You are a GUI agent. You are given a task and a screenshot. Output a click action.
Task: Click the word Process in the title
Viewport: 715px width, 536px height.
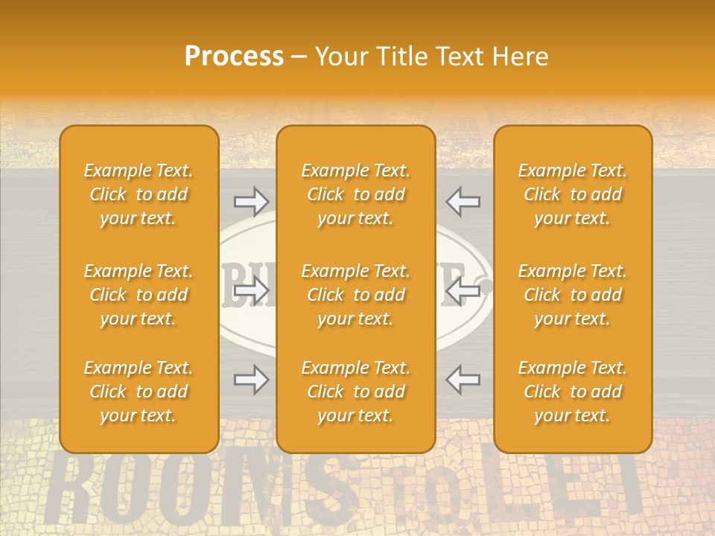234,57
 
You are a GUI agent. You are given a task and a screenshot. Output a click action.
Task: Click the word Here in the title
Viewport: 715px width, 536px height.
521,57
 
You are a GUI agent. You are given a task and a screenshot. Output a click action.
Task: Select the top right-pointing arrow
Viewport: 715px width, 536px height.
252,201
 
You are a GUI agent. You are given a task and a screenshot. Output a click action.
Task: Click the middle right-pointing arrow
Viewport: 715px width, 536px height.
252,290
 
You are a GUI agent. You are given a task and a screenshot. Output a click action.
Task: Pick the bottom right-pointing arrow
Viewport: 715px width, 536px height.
252,380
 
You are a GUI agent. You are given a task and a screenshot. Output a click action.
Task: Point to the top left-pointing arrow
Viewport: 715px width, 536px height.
463,201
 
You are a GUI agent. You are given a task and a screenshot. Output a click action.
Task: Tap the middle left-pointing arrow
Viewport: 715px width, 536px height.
463,290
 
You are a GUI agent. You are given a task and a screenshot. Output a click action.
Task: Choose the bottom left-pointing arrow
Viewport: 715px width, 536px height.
463,380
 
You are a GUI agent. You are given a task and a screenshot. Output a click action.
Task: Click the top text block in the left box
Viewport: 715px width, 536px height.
139,194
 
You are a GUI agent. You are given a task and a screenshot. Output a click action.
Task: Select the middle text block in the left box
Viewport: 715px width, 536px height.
139,295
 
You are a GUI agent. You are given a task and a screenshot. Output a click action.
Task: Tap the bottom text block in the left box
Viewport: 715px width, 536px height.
139,392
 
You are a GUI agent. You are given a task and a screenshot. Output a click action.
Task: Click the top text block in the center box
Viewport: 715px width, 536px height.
355,194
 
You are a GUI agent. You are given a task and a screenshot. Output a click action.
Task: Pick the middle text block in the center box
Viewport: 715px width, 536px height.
355,295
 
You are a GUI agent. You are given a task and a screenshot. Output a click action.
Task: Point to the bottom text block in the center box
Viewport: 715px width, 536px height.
355,392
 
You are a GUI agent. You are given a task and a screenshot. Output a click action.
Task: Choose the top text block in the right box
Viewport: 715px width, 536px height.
572,194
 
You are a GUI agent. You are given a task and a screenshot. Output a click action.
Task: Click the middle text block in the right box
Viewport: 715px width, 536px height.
572,295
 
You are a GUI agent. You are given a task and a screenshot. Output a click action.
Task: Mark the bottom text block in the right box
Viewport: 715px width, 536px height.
572,392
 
